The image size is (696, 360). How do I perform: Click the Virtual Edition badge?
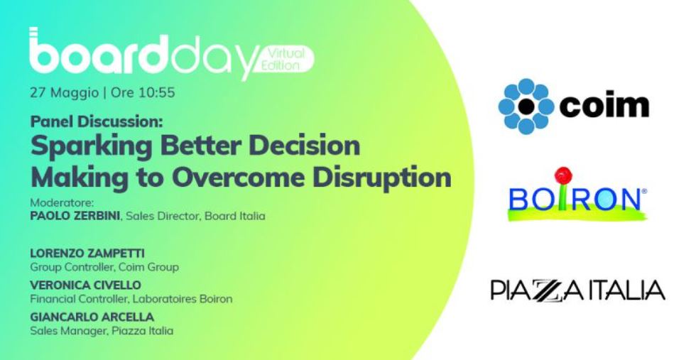(286, 59)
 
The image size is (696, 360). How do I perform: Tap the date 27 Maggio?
(65, 93)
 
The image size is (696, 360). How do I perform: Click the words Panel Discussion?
(97, 121)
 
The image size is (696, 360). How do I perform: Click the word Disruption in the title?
(382, 178)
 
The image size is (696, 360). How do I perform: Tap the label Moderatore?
(62, 203)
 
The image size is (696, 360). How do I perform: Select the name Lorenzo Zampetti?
(87, 253)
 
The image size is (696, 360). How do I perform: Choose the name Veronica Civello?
(86, 285)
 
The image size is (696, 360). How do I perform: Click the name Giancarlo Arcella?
(92, 317)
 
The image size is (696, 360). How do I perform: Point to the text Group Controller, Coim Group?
(105, 267)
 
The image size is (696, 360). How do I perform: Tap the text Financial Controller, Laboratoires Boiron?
(131, 299)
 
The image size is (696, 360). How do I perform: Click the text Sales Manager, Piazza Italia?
(102, 331)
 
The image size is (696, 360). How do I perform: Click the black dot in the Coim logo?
(526, 106)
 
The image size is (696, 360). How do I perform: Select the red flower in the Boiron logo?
(563, 175)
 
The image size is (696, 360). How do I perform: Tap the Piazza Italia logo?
(578, 290)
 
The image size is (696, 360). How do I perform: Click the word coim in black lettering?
(604, 105)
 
